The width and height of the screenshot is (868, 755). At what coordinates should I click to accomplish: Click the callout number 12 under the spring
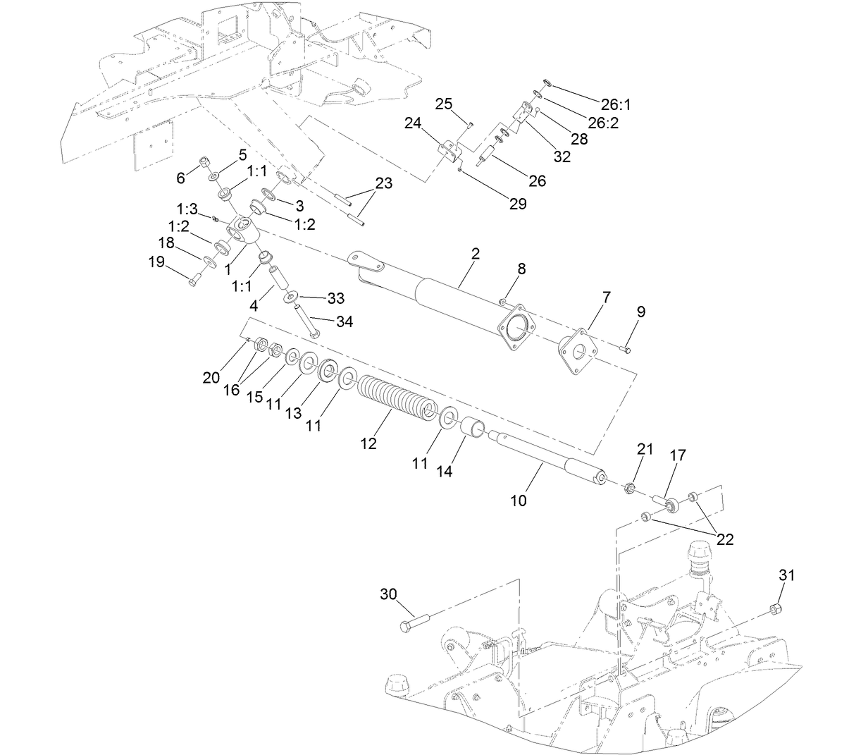coord(368,443)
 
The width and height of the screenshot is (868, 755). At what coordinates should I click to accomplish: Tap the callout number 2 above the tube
coord(476,254)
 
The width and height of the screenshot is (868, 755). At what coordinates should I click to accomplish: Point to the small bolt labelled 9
coord(626,348)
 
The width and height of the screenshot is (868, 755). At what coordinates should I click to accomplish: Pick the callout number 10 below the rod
coord(519,501)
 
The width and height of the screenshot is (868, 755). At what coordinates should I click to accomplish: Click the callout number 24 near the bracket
coord(412,123)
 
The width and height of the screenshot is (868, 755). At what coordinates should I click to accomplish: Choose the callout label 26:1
coord(615,104)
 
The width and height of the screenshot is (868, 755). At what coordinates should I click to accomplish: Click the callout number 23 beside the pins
coord(384,183)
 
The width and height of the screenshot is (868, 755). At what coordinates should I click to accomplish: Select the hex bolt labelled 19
coord(194,281)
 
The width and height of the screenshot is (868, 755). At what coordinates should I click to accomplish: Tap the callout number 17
coord(678,456)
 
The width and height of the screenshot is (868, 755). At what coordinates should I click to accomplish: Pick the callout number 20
coord(211,378)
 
